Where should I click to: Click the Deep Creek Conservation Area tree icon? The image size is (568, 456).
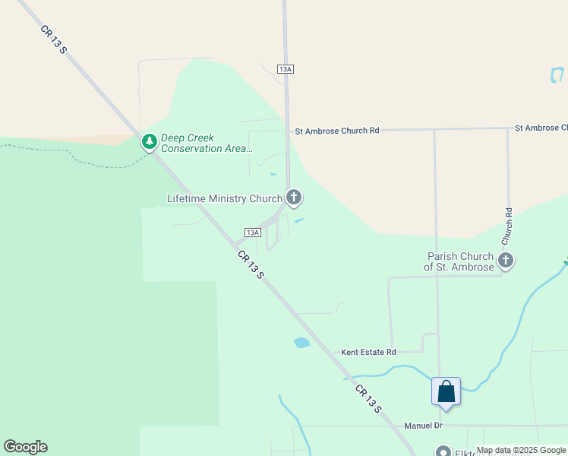coord(150,142)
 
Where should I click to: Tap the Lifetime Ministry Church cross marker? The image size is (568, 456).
coord(294,198)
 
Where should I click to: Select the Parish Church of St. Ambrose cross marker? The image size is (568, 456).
coord(505,261)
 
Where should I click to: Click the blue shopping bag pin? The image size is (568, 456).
coord(446,392)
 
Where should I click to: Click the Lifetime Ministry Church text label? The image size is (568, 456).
coord(224,199)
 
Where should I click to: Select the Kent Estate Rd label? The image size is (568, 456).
coord(368,352)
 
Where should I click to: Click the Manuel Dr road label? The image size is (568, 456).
coord(423,426)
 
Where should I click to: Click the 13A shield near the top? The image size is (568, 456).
coord(286,69)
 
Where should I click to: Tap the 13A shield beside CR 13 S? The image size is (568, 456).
coord(253,232)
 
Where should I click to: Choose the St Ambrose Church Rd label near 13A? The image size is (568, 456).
coord(336,131)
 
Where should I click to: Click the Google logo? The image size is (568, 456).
coord(25,447)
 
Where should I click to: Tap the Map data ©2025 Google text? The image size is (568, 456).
coord(521,451)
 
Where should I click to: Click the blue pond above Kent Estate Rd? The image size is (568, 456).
coord(302,343)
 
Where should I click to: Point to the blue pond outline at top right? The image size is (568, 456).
coord(557,74)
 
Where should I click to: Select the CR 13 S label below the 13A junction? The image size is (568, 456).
coord(250,264)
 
